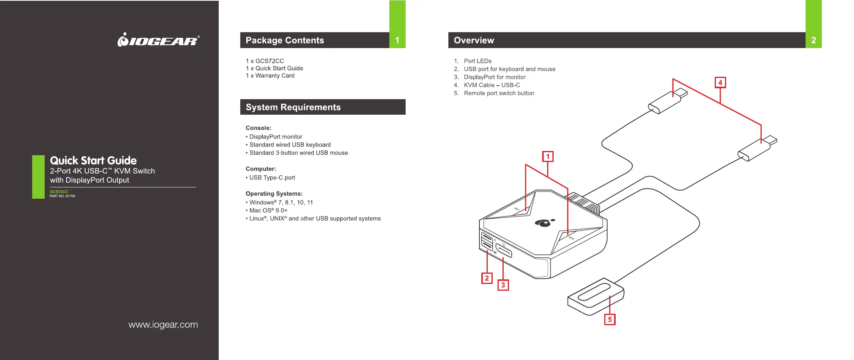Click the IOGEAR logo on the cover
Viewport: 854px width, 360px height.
click(x=159, y=40)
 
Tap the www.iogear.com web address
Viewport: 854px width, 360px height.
click(x=163, y=325)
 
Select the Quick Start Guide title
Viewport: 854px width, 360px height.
click(x=93, y=161)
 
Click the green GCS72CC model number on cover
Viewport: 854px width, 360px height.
click(x=59, y=192)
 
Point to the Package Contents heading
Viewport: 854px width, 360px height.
click(x=285, y=41)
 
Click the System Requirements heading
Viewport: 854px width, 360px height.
click(x=293, y=108)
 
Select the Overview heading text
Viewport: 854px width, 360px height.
click(x=474, y=41)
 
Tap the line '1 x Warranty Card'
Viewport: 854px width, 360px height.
click(x=270, y=76)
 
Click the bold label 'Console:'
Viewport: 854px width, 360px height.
click(x=258, y=128)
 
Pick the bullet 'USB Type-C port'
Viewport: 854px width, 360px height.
click(x=272, y=178)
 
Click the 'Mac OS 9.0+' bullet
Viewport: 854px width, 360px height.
click(x=268, y=210)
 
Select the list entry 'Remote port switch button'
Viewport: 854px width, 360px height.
click(x=499, y=93)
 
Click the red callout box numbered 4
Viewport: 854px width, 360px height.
click(x=720, y=83)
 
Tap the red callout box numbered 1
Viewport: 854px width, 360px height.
click(x=548, y=157)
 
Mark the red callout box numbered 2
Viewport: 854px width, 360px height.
click(x=487, y=278)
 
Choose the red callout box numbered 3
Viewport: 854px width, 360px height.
click(x=503, y=285)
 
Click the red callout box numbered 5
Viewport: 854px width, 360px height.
click(x=610, y=319)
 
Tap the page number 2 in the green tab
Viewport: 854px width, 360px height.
click(x=814, y=41)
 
